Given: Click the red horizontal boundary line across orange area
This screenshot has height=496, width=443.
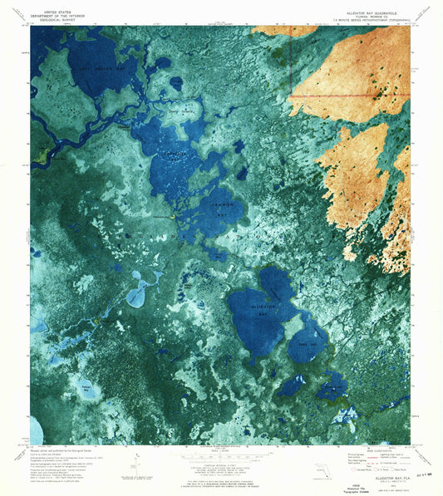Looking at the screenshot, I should (x=349, y=96).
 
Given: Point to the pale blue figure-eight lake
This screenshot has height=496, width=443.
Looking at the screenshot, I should (x=138, y=291).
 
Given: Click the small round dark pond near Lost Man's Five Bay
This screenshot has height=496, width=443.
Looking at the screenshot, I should (x=176, y=83).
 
